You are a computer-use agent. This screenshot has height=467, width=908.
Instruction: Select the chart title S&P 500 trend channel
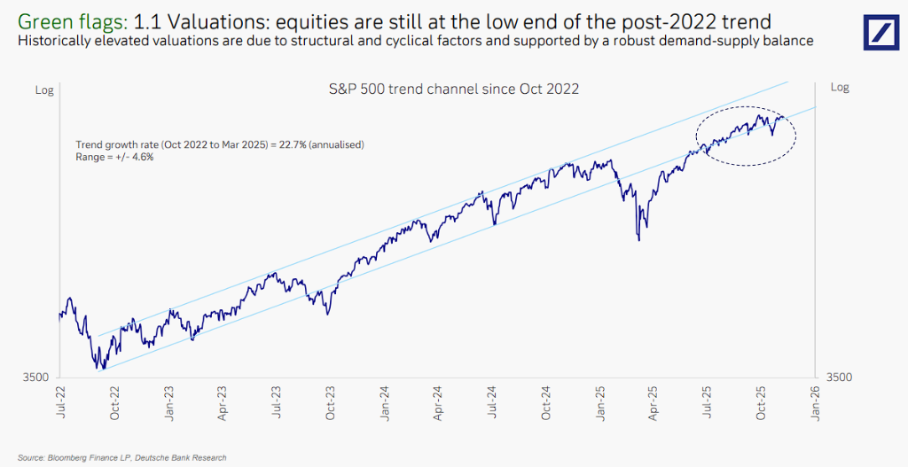coord(453,89)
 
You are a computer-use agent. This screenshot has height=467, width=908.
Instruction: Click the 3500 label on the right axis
coord(839,377)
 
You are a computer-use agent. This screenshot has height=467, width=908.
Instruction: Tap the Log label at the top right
coord(839,87)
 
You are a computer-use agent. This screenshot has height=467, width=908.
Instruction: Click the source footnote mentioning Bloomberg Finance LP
coord(121,457)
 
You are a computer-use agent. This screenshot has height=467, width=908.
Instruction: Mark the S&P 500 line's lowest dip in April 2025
coord(638,238)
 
